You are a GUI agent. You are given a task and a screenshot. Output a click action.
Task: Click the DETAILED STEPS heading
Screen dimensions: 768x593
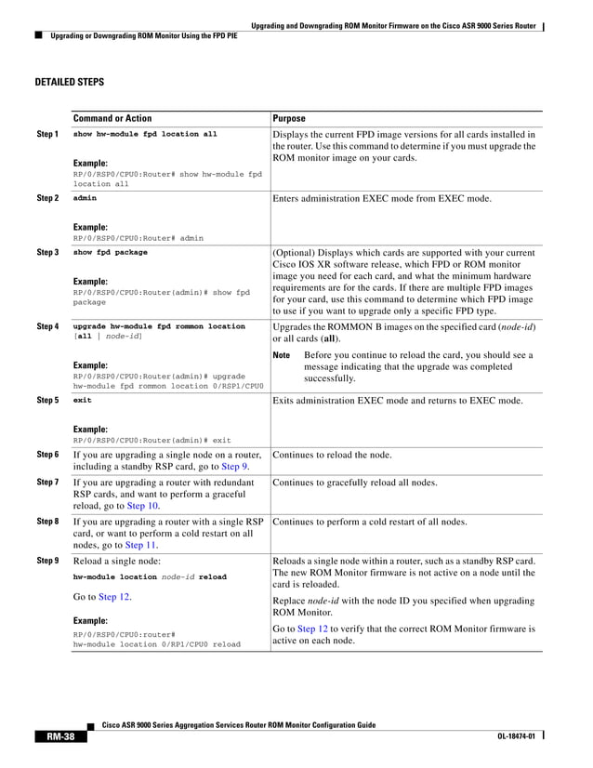(69, 83)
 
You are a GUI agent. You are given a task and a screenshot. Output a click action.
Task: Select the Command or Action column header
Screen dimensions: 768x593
(112, 119)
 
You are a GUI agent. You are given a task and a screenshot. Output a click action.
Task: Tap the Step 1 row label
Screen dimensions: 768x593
(47, 135)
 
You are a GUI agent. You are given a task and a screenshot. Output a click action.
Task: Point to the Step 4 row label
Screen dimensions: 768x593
(47, 327)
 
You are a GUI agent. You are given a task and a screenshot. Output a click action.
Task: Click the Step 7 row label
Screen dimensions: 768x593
(47, 483)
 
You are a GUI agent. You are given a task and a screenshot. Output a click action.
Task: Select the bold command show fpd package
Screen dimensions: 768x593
(110, 252)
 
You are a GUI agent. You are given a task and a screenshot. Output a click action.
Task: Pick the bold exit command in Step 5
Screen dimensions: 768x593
(82, 400)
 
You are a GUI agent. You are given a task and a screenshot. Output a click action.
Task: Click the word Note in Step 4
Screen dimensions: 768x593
(282, 355)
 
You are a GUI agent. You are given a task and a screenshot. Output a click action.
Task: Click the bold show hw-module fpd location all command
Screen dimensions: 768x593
(144, 134)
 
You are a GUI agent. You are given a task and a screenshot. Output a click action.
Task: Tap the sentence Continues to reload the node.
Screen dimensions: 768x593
(332, 455)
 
